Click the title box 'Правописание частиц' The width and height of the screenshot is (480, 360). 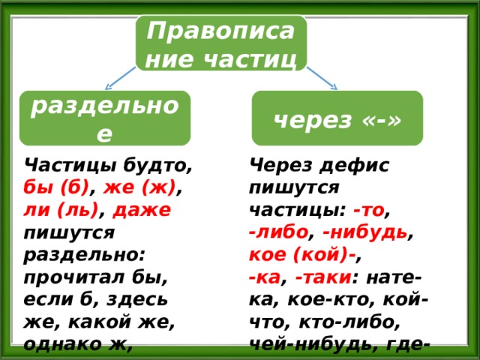221,43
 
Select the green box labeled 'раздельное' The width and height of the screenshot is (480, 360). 105,118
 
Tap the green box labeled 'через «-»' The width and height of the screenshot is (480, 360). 337,118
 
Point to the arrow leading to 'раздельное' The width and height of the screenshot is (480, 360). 120,78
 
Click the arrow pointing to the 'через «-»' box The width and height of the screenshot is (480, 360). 322,78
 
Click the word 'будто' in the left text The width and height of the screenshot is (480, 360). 157,166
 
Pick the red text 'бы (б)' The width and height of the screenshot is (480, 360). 56,188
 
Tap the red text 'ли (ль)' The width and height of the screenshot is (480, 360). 61,211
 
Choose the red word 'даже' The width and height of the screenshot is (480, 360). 142,211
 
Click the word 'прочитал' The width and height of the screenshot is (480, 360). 74,278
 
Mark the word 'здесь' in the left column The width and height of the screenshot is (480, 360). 137,300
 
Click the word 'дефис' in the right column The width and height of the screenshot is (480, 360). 354,166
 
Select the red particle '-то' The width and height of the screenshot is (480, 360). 368,211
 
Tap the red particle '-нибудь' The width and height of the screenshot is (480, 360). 365,233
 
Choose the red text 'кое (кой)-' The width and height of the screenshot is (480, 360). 302,255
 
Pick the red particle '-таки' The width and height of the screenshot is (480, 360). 322,278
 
